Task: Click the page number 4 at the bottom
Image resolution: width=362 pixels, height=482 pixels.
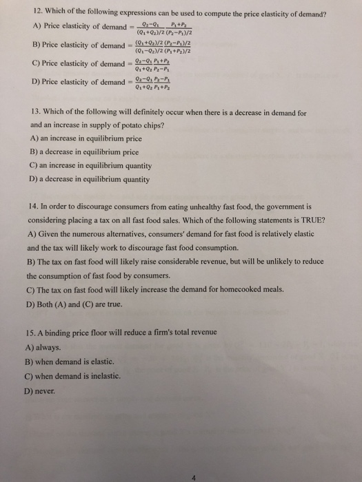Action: (312, 459)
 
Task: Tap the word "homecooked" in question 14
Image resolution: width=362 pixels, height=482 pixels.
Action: (231, 289)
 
